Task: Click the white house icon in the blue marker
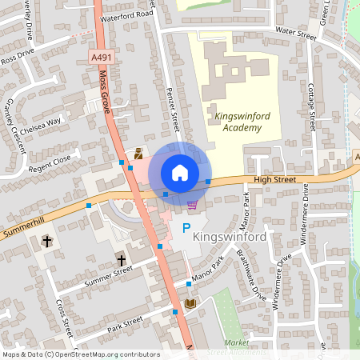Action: (x=180, y=173)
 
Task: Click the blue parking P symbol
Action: (x=186, y=230)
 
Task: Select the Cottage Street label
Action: (x=312, y=105)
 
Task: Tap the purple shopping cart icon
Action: (x=192, y=206)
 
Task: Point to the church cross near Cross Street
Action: (x=47, y=240)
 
